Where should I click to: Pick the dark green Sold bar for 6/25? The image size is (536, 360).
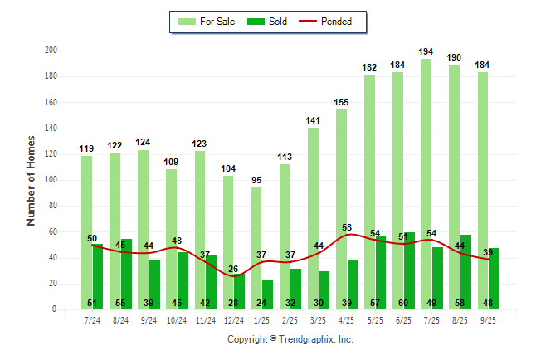(409, 265)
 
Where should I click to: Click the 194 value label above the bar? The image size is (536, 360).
(426, 51)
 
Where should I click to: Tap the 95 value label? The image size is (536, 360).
(256, 180)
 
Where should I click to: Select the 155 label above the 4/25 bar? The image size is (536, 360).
(341, 102)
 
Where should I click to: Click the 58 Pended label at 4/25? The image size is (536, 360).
(346, 227)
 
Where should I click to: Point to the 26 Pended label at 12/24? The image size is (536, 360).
(233, 269)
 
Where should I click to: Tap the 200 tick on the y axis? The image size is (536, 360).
(51, 51)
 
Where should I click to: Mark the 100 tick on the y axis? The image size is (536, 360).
(51, 180)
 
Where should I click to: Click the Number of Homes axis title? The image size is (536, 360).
(31, 180)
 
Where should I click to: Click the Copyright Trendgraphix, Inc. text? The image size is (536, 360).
(290, 339)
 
